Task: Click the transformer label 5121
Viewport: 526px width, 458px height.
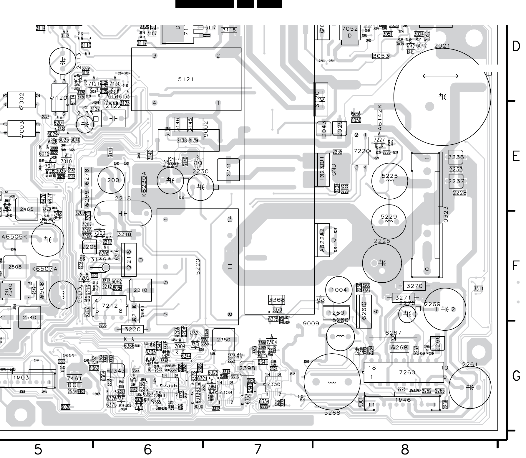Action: click(186, 79)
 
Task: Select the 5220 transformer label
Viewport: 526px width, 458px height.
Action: click(198, 267)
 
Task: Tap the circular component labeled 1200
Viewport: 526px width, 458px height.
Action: click(112, 180)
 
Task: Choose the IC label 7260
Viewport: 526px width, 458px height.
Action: click(407, 373)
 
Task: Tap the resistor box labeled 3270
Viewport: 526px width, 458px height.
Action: click(414, 286)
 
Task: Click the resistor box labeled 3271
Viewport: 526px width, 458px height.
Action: click(403, 298)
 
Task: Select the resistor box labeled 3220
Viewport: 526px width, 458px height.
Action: click(132, 329)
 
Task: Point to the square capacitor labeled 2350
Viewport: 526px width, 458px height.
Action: click(223, 340)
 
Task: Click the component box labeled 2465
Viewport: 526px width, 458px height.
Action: click(27, 209)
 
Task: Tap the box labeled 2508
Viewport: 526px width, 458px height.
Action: click(15, 267)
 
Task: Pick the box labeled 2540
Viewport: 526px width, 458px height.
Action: click(29, 317)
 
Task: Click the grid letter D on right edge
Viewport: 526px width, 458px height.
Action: click(516, 47)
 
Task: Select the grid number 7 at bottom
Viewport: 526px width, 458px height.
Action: click(258, 449)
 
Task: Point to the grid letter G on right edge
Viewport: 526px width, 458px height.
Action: click(516, 376)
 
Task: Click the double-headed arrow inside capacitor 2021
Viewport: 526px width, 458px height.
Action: click(440, 76)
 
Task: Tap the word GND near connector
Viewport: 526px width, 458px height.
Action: click(333, 170)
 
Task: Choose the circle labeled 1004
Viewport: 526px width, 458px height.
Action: click(339, 290)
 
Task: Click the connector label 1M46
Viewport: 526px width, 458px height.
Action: click(403, 400)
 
